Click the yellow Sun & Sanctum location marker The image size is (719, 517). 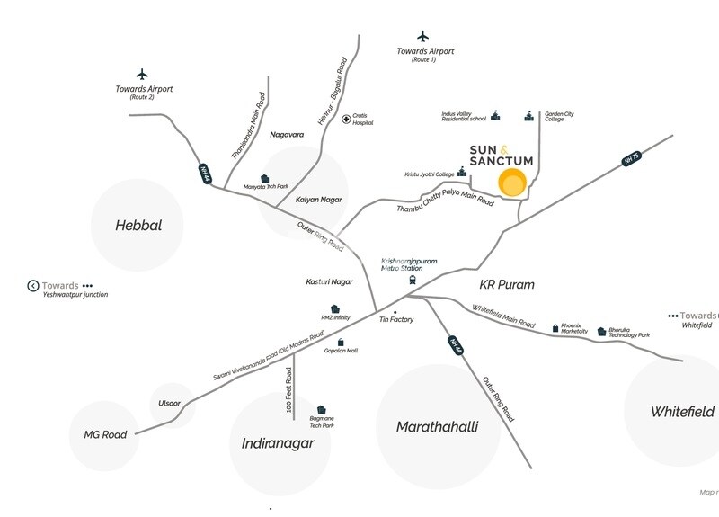click(513, 183)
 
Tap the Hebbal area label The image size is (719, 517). click(138, 226)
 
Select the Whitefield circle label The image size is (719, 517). click(683, 412)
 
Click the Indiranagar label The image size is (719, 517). click(278, 443)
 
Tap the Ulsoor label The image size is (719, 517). click(172, 402)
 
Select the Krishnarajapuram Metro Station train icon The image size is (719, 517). click(413, 279)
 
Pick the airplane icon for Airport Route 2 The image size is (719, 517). click(141, 74)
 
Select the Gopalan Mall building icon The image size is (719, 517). click(341, 342)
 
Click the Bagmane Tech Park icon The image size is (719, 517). click(321, 408)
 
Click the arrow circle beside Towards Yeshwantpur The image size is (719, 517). click(33, 286)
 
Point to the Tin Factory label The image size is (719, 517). click(396, 319)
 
